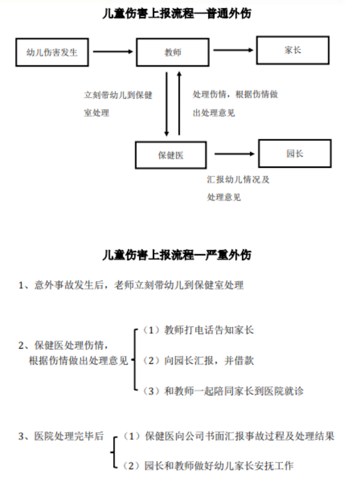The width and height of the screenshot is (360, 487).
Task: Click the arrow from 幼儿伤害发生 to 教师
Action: tap(113, 52)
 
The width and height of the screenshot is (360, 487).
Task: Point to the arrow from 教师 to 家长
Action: tap(233, 50)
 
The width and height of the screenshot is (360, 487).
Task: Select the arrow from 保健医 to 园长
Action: tap(235, 154)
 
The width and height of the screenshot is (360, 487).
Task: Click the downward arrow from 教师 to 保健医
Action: tap(166, 104)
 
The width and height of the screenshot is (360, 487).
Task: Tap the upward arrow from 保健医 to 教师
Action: tap(179, 103)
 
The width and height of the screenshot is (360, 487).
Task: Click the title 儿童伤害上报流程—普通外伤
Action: tap(177, 14)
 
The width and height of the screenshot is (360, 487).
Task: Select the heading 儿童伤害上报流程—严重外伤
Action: tap(177, 255)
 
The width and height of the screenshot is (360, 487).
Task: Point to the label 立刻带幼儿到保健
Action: tap(118, 95)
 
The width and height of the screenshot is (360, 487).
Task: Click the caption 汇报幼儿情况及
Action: tap(238, 180)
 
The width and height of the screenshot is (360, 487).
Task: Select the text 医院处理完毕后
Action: tap(69, 436)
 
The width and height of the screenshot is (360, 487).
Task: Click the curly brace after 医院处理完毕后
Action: tap(114, 452)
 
